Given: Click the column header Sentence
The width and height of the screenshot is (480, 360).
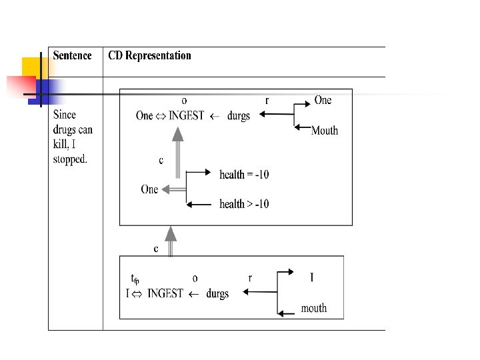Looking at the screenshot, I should (73, 56).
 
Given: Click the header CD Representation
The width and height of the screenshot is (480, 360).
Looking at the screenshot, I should (150, 56).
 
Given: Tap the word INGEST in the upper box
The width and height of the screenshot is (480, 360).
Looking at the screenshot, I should (187, 115).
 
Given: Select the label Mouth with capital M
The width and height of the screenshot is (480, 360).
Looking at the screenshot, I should (325, 131).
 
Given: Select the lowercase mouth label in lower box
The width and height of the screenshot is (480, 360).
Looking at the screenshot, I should (314, 308).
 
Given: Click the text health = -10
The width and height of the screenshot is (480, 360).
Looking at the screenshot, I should (244, 175).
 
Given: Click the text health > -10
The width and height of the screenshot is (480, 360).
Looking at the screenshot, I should (244, 204).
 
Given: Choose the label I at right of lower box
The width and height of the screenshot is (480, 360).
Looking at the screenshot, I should (311, 277).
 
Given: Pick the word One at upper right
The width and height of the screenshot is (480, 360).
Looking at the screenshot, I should (323, 100).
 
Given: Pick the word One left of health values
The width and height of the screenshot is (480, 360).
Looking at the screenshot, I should (149, 189).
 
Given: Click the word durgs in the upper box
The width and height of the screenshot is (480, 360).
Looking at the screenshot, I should (239, 115).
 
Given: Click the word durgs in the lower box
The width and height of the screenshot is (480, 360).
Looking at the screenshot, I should (217, 293).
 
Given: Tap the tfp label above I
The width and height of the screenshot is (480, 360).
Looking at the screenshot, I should (135, 279).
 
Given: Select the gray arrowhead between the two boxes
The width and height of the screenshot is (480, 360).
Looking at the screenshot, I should (171, 233).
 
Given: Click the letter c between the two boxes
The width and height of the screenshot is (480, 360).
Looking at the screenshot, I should (157, 249).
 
